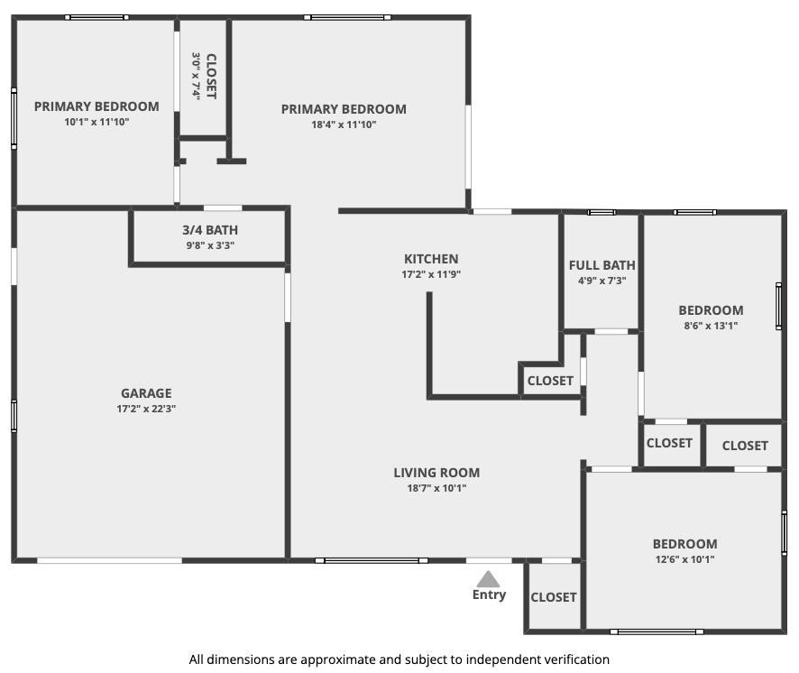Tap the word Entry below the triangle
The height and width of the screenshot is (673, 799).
(x=489, y=595)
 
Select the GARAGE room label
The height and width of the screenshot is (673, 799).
(x=146, y=393)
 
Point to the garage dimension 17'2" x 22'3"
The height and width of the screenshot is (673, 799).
(x=146, y=409)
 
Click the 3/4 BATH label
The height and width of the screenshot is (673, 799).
(x=210, y=230)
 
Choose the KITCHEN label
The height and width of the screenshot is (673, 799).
(x=431, y=259)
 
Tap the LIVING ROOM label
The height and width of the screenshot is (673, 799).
(x=436, y=473)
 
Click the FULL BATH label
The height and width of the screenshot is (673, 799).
(x=602, y=265)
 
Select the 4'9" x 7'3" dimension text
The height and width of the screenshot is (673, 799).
(x=602, y=281)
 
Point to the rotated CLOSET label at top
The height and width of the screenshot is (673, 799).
(x=211, y=76)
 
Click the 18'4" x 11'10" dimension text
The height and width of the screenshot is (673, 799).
(x=344, y=124)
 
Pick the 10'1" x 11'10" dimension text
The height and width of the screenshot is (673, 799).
(x=96, y=122)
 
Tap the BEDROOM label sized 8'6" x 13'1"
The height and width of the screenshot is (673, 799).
(x=711, y=310)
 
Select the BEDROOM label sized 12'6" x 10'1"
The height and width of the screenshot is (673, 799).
(x=684, y=544)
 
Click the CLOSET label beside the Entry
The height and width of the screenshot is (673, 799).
(x=554, y=597)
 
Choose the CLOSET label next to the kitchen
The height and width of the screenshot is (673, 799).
(x=550, y=381)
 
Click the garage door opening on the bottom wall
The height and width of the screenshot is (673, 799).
(x=109, y=560)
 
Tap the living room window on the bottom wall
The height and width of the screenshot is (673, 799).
(x=372, y=560)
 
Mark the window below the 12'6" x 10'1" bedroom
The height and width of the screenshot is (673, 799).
(x=657, y=632)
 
